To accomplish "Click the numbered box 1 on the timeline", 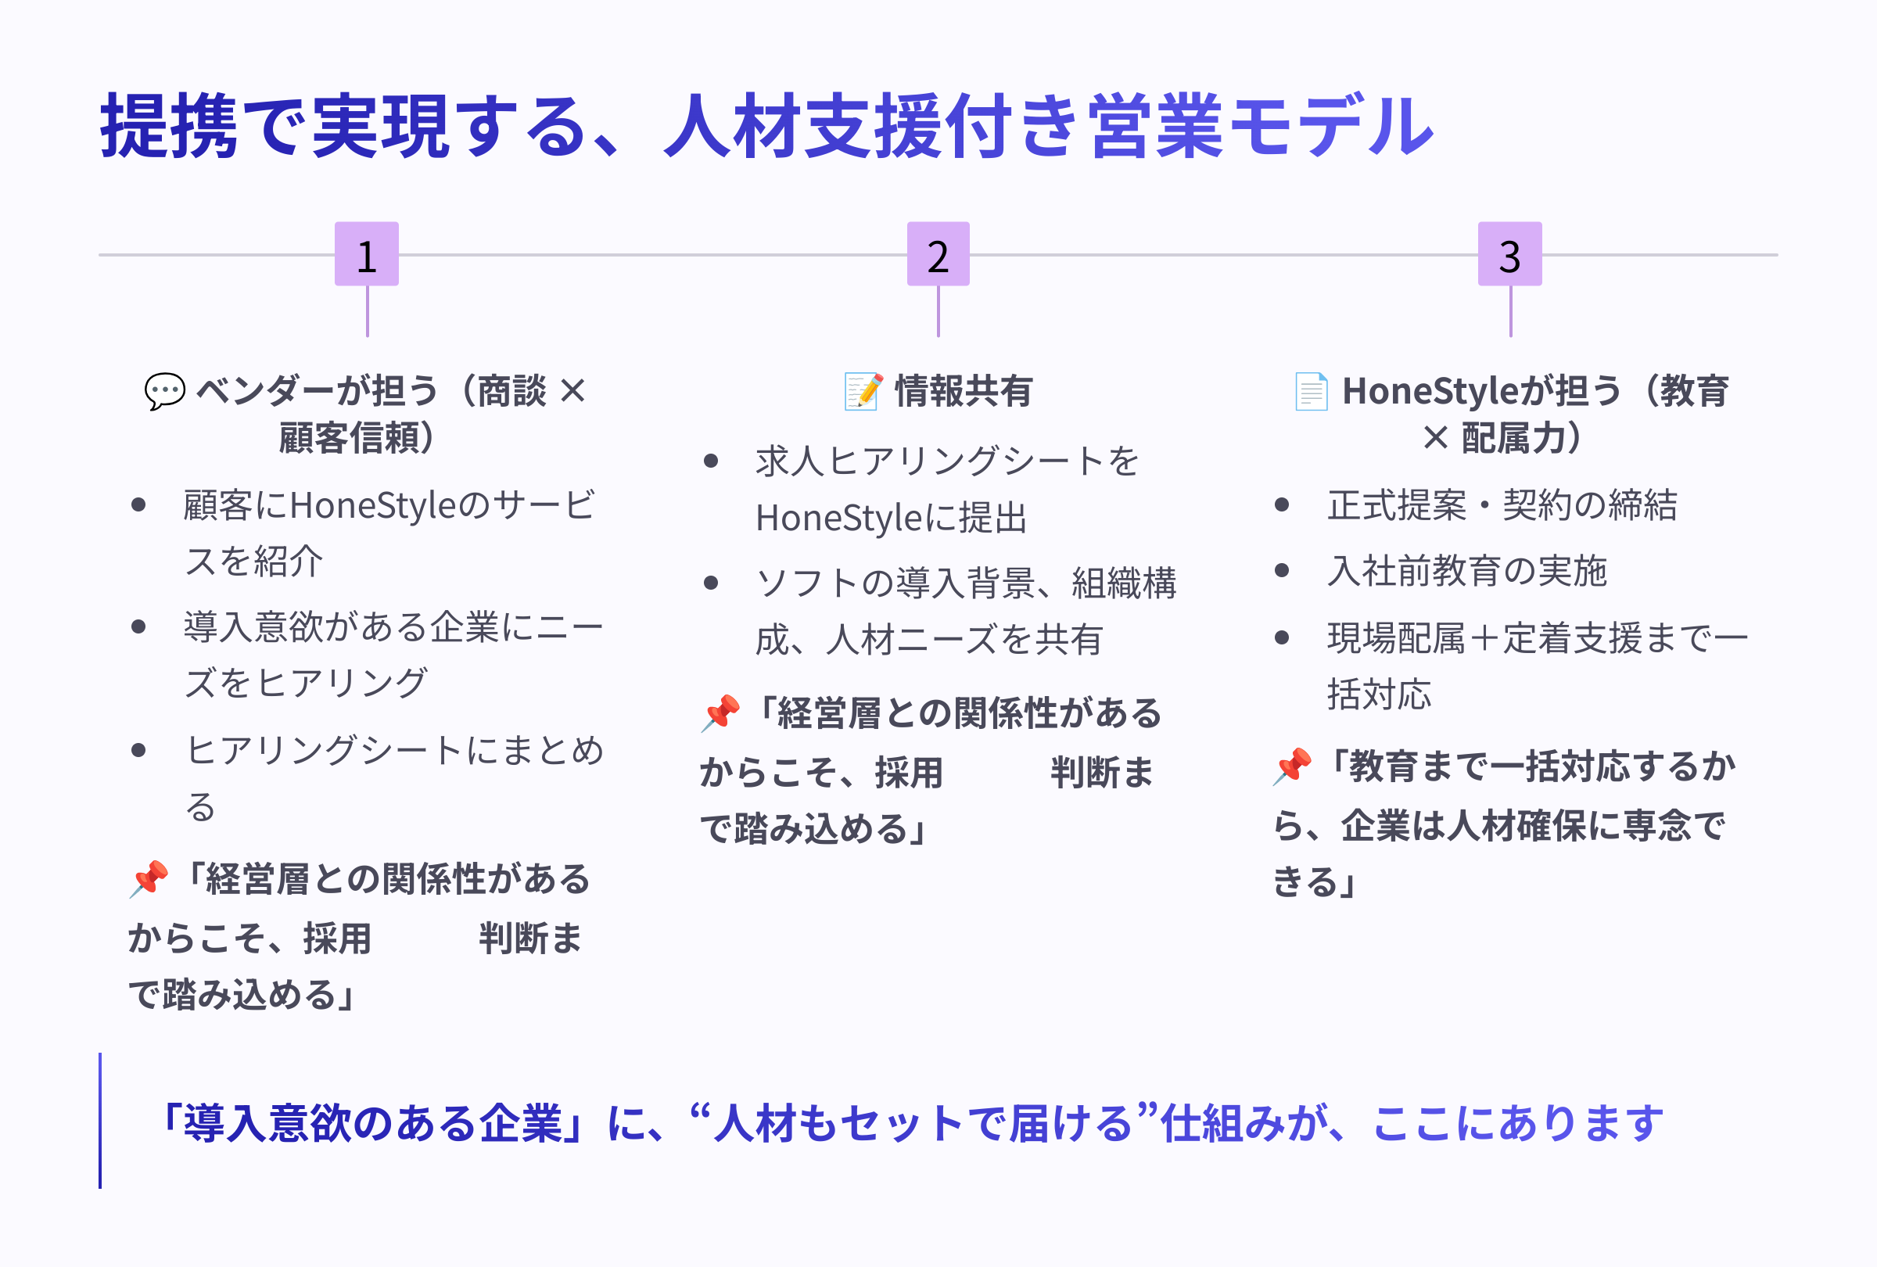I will tap(367, 254).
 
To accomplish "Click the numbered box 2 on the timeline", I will tap(938, 254).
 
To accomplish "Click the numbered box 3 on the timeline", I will tap(1509, 254).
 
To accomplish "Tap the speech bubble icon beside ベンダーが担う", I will tap(165, 392).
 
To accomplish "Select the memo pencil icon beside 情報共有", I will tap(863, 392).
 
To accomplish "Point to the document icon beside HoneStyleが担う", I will tap(1311, 392).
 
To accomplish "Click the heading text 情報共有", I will tap(964, 392).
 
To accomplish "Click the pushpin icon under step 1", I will tap(149, 878).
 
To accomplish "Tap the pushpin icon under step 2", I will tap(720, 713).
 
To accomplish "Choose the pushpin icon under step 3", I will tap(1292, 766).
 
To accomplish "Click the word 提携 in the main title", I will tap(168, 126).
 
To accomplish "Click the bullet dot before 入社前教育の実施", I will tap(1282, 571).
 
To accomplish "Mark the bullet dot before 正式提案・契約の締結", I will tap(1282, 505).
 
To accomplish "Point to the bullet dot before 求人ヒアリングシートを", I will tap(711, 461).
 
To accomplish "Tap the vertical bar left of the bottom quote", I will tap(100, 1120).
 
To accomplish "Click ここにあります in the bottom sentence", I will tap(1518, 1123).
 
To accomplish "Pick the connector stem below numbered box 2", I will tap(938, 311).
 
